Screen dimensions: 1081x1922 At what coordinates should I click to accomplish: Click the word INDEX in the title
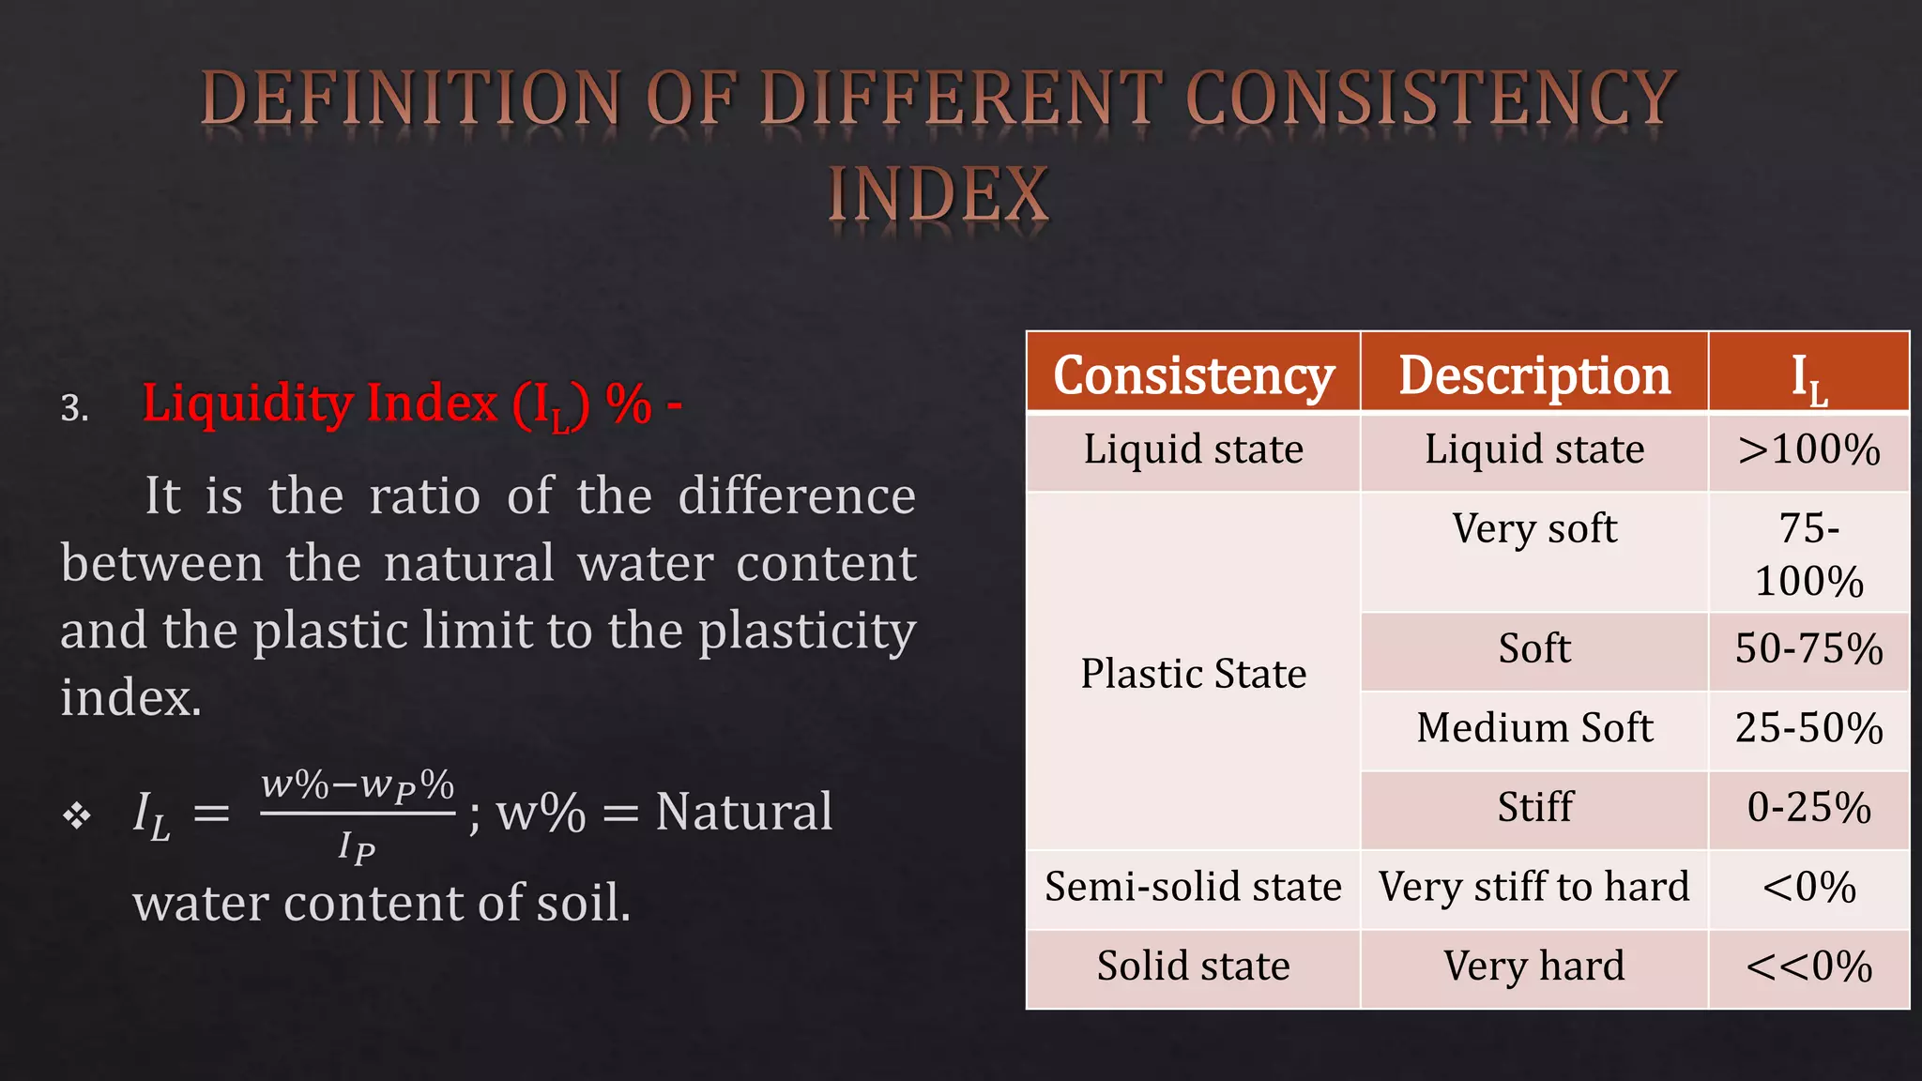[938, 195]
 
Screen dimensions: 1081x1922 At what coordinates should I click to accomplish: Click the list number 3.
[74, 408]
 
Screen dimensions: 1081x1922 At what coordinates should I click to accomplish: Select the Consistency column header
[1193, 375]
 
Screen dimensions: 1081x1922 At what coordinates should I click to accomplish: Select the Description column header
[1534, 375]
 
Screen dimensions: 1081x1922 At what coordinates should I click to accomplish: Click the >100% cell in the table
[1808, 450]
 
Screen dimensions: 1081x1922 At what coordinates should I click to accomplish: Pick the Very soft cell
[1534, 529]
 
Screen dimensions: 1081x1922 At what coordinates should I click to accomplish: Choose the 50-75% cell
[1808, 649]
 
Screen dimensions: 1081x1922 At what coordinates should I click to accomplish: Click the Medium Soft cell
[1534, 728]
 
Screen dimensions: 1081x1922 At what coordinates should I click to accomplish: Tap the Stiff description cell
[1534, 808]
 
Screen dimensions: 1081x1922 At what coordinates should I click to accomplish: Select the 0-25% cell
[1808, 808]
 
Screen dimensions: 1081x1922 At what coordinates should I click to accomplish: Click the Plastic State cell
[1193, 674]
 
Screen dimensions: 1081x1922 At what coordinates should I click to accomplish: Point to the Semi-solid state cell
[1193, 888]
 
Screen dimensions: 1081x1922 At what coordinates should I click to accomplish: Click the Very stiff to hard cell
[1534, 888]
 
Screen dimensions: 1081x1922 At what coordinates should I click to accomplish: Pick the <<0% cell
[1808, 967]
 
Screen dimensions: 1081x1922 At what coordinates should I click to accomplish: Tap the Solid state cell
[1193, 967]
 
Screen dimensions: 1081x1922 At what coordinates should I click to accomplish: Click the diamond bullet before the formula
[77, 815]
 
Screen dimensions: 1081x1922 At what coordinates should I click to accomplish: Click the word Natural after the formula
[743, 812]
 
